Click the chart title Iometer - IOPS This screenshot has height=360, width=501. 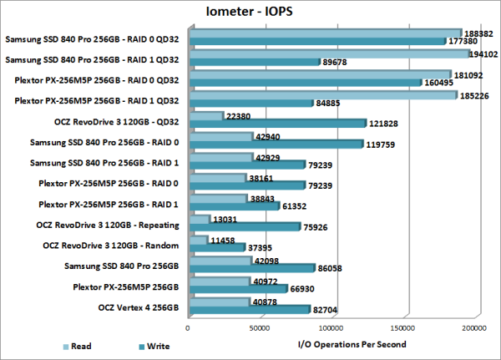click(x=250, y=12)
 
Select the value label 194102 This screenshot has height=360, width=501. click(x=479, y=53)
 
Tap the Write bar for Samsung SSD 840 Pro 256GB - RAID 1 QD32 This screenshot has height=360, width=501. click(x=255, y=62)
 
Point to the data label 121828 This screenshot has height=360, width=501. click(x=385, y=124)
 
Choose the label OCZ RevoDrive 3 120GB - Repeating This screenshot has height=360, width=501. click(x=114, y=225)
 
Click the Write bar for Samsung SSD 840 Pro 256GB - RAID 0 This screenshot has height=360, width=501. click(x=276, y=145)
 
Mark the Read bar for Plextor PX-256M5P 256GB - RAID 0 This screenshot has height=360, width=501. click(x=217, y=178)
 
